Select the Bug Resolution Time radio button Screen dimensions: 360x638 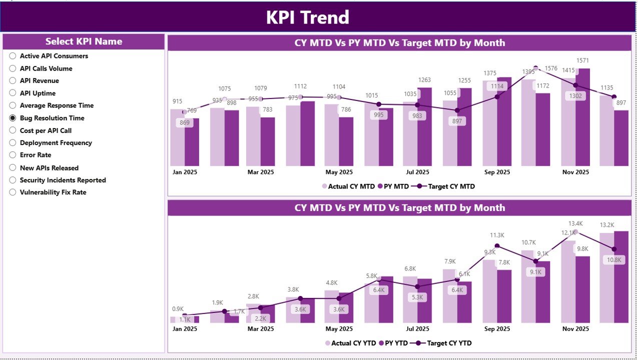pyautogui.click(x=13, y=118)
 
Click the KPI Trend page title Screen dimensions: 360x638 pyautogui.click(x=307, y=17)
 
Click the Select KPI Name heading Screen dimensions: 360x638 pyautogui.click(x=84, y=41)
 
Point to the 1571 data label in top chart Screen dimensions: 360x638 pyautogui.click(x=583, y=60)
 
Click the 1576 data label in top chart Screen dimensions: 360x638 pyautogui.click(x=551, y=68)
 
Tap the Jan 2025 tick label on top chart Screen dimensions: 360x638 pyautogui.click(x=185, y=172)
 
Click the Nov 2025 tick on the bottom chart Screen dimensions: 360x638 pyautogui.click(x=575, y=329)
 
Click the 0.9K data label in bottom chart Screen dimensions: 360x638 pyautogui.click(x=178, y=308)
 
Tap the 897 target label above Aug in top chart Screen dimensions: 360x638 pyautogui.click(x=457, y=121)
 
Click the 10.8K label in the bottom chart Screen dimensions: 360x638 pyautogui.click(x=614, y=260)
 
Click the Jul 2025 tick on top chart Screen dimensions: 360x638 pyautogui.click(x=418, y=172)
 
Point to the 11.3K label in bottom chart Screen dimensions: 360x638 pyautogui.click(x=497, y=235)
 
